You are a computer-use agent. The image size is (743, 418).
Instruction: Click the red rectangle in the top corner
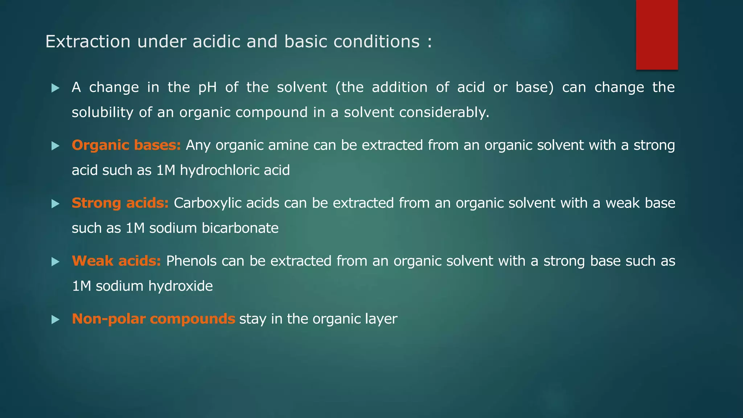coord(657,35)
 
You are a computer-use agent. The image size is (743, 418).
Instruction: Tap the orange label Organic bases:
coord(126,145)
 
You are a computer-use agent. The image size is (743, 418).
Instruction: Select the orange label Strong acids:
coord(120,203)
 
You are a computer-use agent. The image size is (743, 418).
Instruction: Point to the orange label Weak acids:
coord(116,261)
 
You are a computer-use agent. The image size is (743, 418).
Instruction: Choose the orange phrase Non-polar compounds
coord(153,319)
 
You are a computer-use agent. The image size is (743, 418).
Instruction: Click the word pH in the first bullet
coord(207,87)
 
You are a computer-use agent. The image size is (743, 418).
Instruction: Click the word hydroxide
coord(180,286)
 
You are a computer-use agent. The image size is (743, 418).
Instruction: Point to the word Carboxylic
coord(208,203)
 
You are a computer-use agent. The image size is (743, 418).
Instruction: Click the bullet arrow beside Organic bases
coord(55,146)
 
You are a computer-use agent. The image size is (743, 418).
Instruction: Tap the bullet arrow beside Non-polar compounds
coord(55,320)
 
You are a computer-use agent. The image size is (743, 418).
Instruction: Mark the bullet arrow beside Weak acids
coord(55,262)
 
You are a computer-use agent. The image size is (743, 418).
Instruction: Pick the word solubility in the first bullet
coord(103,112)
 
